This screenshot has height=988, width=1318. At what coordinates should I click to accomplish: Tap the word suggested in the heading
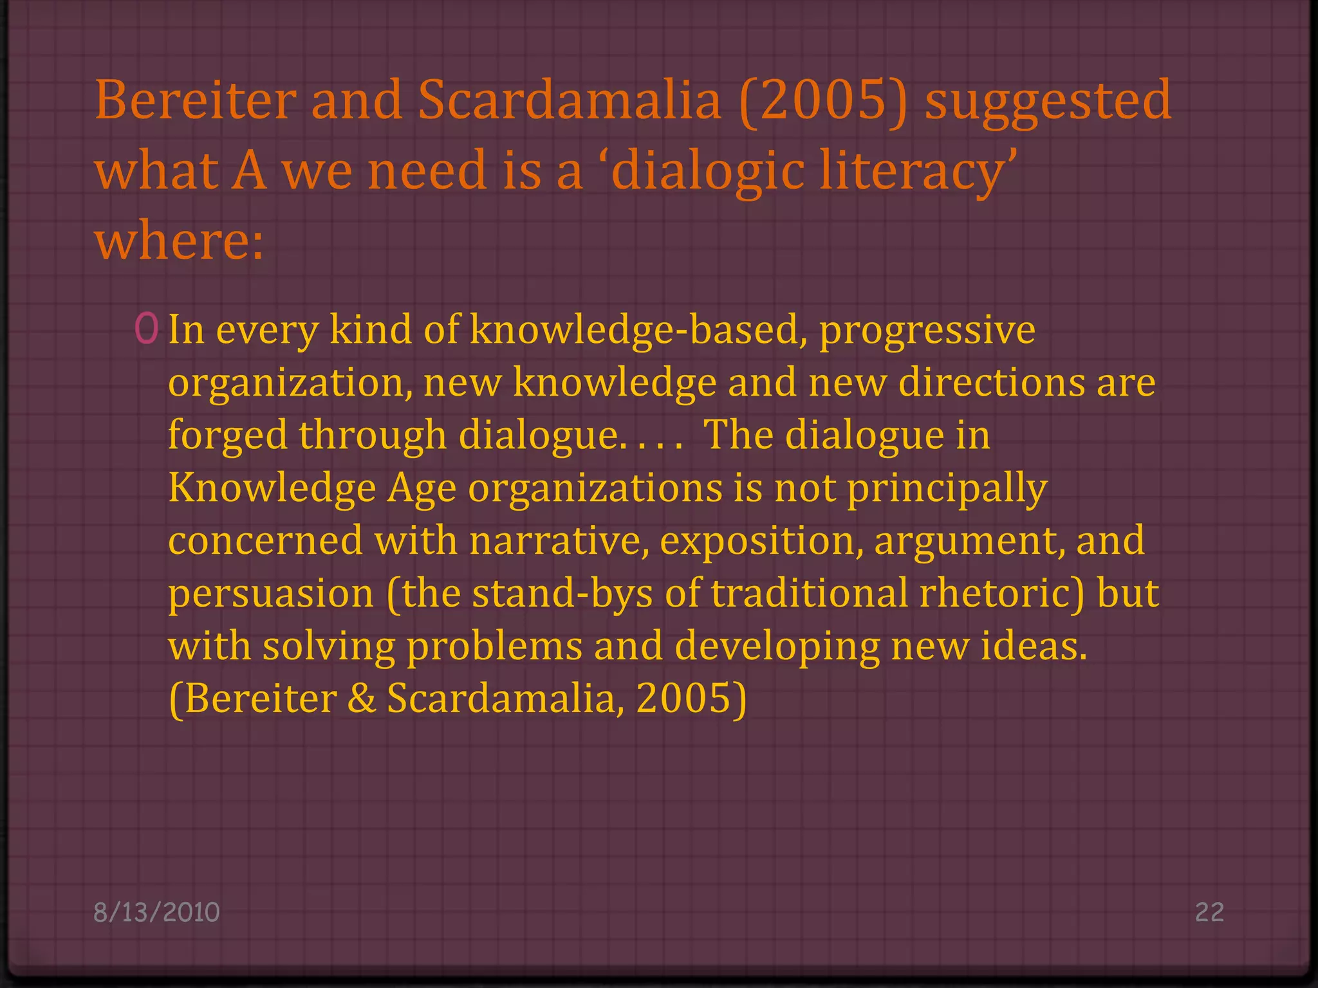pos(1048,102)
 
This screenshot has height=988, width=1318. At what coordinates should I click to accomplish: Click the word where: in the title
pos(180,242)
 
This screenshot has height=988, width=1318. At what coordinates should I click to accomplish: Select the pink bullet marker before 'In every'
pos(147,329)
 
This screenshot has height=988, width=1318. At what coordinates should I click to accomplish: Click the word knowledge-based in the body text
pos(638,330)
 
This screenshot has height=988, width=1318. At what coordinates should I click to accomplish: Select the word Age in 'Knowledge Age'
pos(422,489)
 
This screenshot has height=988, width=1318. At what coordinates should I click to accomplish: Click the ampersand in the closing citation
pos(362,699)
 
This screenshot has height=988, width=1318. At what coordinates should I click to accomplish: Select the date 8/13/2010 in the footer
pos(156,912)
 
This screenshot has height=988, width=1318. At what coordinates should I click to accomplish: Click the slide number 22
pos(1209,912)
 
